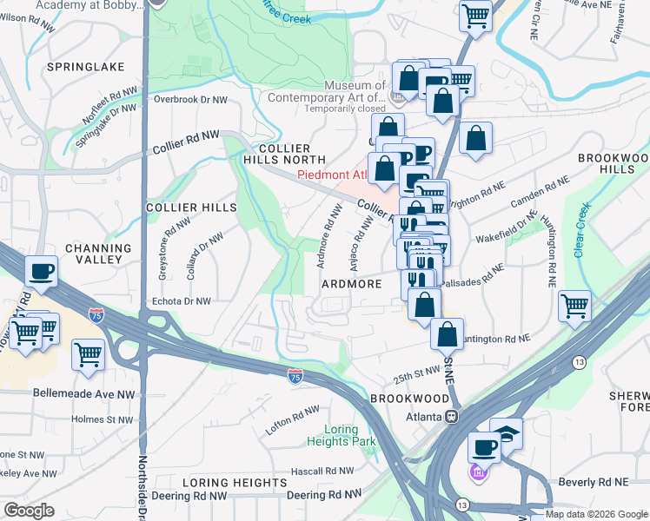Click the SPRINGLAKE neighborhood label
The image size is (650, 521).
click(x=86, y=67)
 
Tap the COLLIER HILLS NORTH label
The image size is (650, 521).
click(x=279, y=153)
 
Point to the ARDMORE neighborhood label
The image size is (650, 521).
click(x=352, y=285)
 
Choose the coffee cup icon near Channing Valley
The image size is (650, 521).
click(x=41, y=272)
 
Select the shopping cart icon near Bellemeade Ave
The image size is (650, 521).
click(x=88, y=354)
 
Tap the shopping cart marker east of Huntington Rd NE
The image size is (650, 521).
click(x=575, y=306)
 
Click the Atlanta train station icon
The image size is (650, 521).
click(x=452, y=415)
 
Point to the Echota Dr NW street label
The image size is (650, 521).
click(x=181, y=301)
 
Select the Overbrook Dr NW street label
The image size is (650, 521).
click(x=190, y=100)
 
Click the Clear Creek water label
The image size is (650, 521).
click(x=581, y=230)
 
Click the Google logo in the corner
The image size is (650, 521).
click(x=29, y=511)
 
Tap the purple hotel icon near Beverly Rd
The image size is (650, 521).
click(x=477, y=473)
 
